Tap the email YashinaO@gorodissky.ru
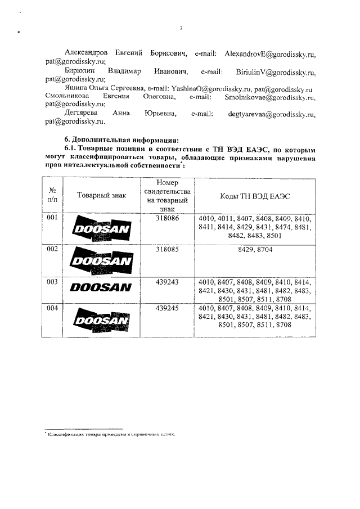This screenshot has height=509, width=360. coord(211,89)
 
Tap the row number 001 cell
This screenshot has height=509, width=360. coord(52,218)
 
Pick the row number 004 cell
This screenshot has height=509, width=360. coord(52,308)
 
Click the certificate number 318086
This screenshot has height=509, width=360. coord(166,218)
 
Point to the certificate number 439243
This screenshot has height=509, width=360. coord(166,281)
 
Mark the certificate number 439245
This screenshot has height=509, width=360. coord(166,308)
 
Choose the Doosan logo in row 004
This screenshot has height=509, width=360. coord(102,319)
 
